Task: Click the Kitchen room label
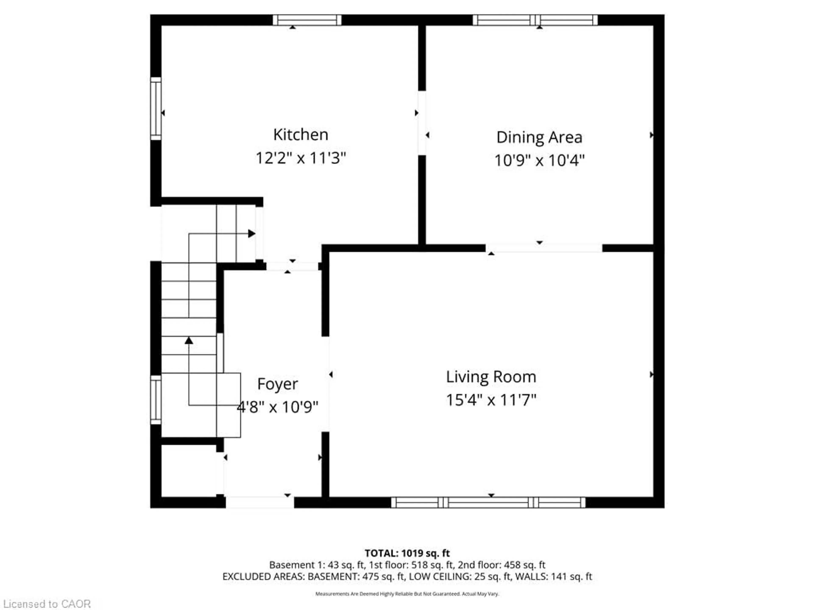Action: [x=300, y=134]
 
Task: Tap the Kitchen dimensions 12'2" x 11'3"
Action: [x=300, y=158]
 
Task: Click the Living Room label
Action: [x=491, y=377]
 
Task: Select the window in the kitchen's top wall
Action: [x=307, y=20]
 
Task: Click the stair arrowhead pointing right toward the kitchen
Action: [x=252, y=233]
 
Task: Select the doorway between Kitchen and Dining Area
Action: [x=422, y=123]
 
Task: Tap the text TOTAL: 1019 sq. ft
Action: [x=407, y=553]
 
